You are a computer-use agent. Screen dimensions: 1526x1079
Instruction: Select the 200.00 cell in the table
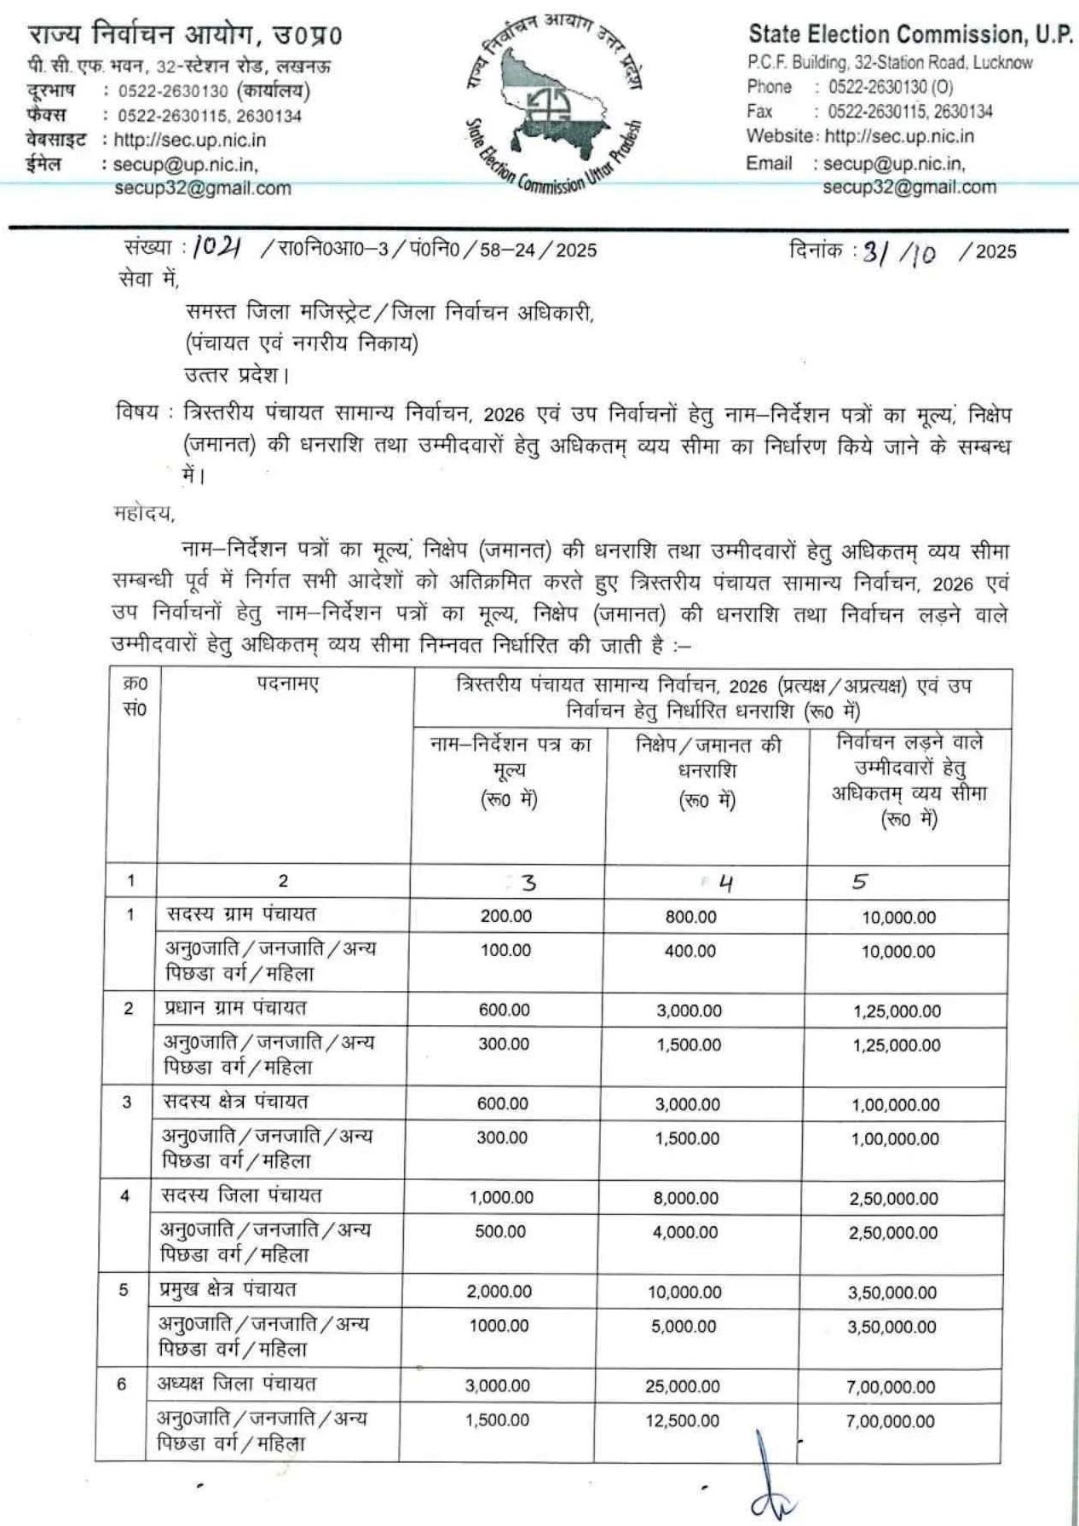click(x=505, y=917)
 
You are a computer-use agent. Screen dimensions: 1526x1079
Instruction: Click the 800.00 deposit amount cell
click(x=690, y=917)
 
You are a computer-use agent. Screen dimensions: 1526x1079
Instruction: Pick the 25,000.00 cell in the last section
click(x=682, y=1387)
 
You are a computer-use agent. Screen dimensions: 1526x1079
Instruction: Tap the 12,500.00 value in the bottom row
click(x=682, y=1421)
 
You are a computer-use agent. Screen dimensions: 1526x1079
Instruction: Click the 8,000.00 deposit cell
click(x=686, y=1198)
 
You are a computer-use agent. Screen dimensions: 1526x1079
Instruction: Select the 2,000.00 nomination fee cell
click(x=499, y=1292)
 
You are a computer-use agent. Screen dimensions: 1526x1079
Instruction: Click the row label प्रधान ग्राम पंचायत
click(x=235, y=1008)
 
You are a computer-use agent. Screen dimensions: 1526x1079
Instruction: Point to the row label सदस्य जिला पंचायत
click(x=241, y=1195)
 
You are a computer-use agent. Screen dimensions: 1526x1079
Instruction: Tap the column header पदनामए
click(x=287, y=683)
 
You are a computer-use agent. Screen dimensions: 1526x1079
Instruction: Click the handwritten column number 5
click(x=859, y=882)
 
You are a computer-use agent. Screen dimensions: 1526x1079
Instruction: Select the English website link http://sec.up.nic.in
click(x=899, y=136)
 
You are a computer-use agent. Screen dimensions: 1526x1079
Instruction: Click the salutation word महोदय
click(x=143, y=513)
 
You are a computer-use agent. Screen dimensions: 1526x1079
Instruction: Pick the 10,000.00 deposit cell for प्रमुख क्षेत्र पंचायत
click(x=684, y=1293)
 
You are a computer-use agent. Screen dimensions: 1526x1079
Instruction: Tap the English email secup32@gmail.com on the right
click(x=909, y=187)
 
